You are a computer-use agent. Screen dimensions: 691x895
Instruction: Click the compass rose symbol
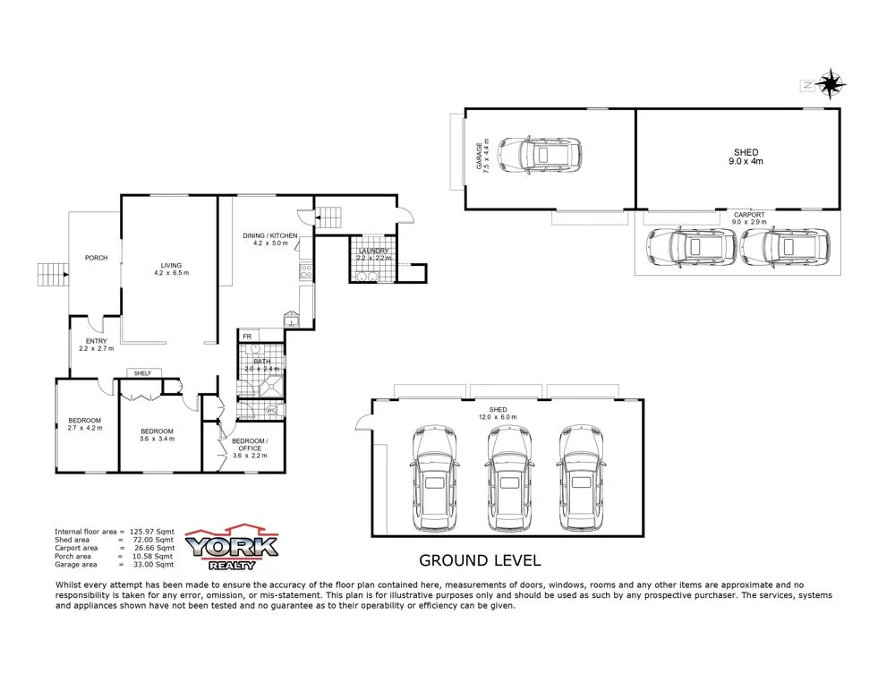point(831,84)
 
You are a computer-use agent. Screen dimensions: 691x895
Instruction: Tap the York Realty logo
point(232,547)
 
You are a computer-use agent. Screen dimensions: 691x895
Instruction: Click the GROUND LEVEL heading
point(481,561)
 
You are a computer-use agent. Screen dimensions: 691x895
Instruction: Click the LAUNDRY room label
point(373,252)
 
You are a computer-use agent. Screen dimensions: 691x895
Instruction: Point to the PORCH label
point(96,258)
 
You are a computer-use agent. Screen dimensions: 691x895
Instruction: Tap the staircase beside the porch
point(52,273)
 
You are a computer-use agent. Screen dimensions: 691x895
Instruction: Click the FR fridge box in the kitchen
point(247,337)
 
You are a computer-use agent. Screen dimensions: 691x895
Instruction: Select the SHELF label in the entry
point(141,372)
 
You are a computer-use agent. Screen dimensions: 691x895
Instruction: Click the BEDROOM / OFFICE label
point(250,445)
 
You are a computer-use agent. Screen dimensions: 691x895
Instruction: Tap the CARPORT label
point(749,215)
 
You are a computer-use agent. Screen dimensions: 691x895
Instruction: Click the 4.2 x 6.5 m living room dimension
point(171,273)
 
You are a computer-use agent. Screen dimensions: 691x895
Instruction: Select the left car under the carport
point(690,248)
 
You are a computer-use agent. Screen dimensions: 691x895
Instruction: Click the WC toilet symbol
point(270,411)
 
